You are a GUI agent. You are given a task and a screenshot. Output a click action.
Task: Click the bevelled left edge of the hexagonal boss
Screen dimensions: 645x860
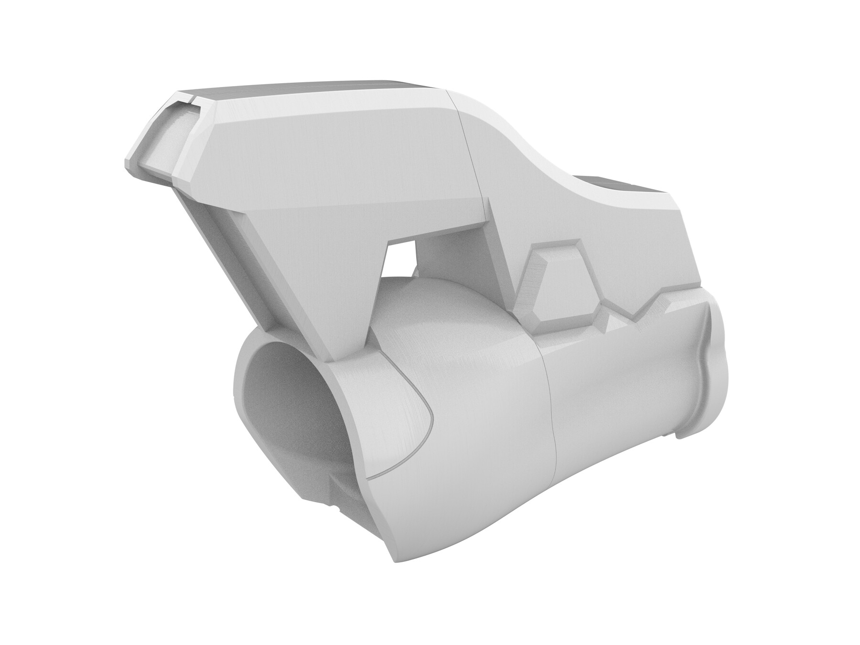(x=530, y=287)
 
